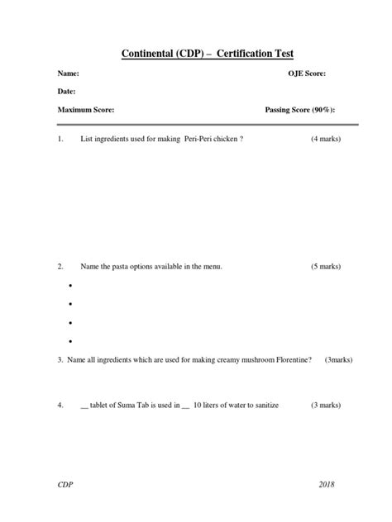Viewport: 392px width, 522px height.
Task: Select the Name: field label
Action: tap(68, 74)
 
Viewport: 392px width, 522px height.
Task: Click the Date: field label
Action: tap(67, 91)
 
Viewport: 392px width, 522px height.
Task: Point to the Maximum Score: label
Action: tap(86, 109)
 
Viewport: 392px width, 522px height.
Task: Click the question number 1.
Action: tap(60, 139)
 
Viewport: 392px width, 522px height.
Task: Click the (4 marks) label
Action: tap(326, 139)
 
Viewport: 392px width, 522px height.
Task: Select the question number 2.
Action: tap(60, 267)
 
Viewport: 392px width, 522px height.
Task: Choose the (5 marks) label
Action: tap(326, 267)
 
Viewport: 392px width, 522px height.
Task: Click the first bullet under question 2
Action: tap(71, 286)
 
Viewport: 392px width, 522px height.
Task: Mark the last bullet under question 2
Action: tap(71, 341)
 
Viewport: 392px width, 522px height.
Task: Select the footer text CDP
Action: tap(65, 485)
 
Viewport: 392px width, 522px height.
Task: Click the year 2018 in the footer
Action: tap(327, 485)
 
